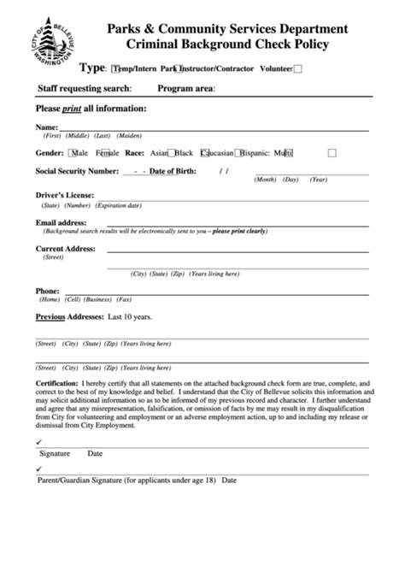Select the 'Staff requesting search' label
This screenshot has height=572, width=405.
click(x=85, y=88)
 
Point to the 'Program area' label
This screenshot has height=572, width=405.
click(x=186, y=88)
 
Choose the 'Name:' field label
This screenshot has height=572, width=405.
click(x=46, y=127)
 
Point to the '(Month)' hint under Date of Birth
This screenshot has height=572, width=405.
click(x=266, y=180)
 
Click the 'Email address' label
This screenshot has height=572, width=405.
click(x=62, y=222)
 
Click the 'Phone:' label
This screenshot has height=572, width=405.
click(x=47, y=291)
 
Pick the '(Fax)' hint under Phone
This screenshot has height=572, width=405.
click(x=125, y=300)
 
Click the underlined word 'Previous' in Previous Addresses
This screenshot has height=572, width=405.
click(x=50, y=316)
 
